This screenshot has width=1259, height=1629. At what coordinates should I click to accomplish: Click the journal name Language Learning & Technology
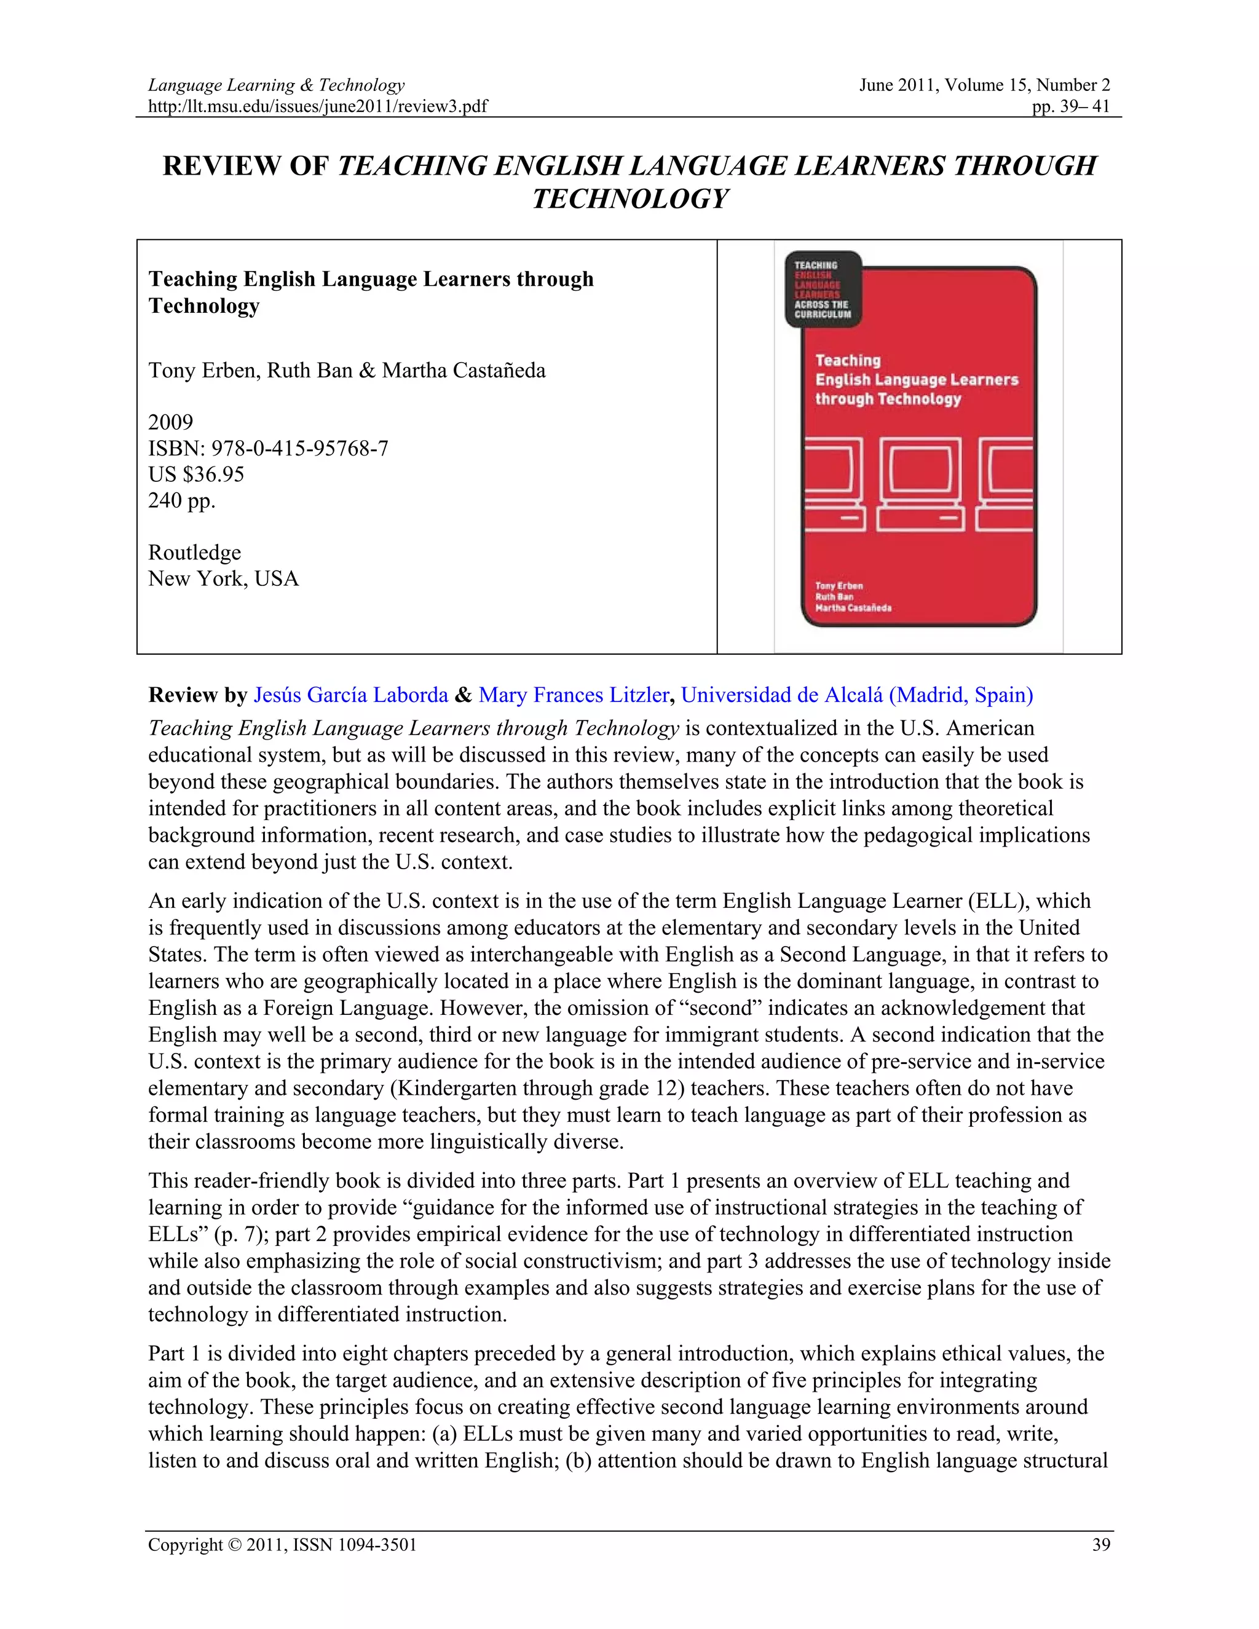(x=276, y=85)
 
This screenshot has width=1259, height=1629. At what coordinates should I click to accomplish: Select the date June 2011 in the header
(x=898, y=85)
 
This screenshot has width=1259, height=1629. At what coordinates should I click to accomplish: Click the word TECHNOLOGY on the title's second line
(x=629, y=199)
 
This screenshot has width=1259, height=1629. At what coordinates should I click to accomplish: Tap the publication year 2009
(x=170, y=422)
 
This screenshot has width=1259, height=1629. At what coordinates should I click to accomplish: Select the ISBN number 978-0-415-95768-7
(x=300, y=448)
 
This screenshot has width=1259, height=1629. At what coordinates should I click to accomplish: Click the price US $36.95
(x=196, y=475)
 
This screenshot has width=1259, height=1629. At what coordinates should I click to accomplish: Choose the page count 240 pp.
(x=181, y=500)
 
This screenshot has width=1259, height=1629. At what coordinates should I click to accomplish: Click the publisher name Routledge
(x=195, y=553)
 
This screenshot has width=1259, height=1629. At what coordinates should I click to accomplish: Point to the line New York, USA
(x=223, y=579)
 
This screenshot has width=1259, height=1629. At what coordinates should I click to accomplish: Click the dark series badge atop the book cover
(x=823, y=290)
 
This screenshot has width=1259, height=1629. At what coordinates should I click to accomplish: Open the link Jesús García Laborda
(x=350, y=695)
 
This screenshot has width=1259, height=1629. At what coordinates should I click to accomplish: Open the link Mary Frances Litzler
(x=574, y=695)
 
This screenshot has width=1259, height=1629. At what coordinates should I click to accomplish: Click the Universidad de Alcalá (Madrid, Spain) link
(x=856, y=695)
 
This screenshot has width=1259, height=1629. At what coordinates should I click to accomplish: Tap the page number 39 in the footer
(x=1101, y=1545)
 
